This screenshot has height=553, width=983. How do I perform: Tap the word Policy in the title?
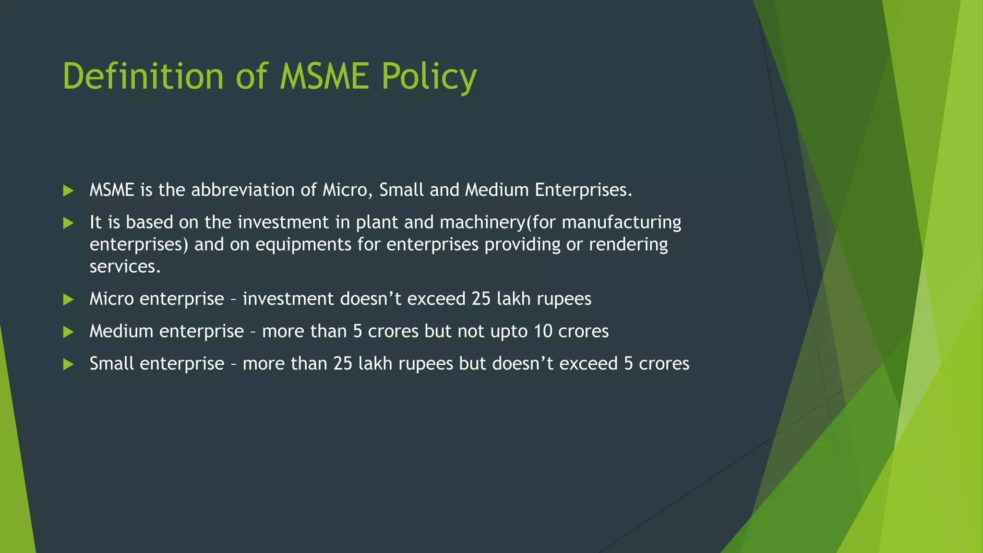pos(429,77)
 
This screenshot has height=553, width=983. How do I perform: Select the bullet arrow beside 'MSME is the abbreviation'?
pos(68,191)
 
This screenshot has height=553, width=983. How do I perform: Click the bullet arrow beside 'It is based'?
pos(68,223)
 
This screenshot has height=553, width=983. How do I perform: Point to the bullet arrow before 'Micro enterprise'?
pos(68,300)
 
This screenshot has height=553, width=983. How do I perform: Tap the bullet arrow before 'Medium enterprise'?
pos(68,332)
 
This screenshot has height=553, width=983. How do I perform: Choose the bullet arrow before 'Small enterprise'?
pos(68,364)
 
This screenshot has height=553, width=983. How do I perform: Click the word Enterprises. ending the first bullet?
pos(584,191)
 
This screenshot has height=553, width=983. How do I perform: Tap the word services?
pos(125,266)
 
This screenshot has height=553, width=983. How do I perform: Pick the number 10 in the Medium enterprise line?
pos(543,331)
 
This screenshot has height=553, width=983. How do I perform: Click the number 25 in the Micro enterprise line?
pos(481,299)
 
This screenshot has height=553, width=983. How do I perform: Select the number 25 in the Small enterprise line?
pos(343,363)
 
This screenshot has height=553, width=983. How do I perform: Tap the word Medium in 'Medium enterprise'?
pos(121,331)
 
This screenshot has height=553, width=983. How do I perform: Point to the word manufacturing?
pos(622,223)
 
